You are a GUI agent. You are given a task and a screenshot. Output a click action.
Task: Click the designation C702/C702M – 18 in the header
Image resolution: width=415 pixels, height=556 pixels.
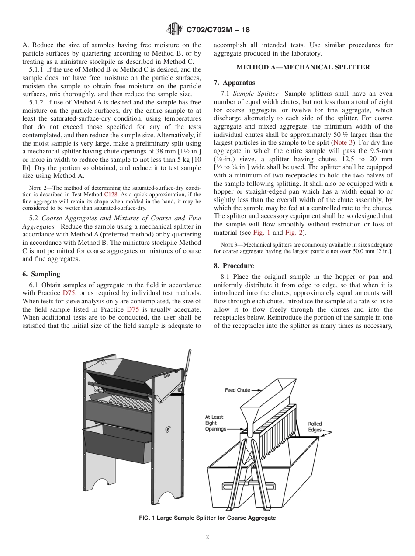218,30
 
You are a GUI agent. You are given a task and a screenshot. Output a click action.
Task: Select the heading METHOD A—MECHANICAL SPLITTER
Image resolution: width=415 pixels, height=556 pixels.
303,67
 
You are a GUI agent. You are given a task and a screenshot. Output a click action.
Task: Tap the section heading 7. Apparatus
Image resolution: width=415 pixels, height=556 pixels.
234,83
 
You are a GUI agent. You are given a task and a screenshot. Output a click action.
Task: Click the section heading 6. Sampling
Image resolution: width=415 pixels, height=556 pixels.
41,274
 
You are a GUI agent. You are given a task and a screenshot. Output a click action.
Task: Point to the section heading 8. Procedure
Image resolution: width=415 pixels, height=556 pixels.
234,266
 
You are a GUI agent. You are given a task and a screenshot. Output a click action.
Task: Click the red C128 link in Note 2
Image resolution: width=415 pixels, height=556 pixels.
111,194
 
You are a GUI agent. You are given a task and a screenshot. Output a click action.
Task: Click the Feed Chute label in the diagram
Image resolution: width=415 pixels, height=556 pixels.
237,390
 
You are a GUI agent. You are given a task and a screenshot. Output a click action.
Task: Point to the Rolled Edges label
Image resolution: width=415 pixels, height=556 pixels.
315,427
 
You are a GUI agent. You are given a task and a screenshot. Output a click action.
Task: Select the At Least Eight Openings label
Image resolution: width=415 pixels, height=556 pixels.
215,423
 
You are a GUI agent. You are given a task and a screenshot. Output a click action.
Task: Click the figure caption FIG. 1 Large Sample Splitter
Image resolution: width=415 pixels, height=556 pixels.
207,518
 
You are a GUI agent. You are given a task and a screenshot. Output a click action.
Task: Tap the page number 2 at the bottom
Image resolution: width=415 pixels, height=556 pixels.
207,537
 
